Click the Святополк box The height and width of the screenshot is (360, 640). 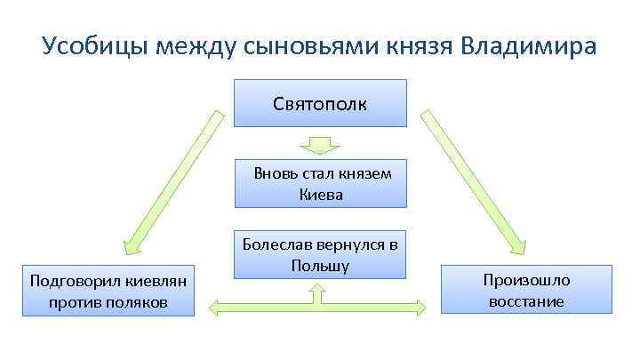(x=320, y=103)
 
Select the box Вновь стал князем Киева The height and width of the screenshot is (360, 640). (x=322, y=183)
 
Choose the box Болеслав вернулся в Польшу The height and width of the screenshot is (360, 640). (x=320, y=254)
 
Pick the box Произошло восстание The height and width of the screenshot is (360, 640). (x=526, y=290)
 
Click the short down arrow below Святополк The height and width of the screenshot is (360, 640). (x=320, y=143)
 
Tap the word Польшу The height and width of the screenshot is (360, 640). (x=320, y=265)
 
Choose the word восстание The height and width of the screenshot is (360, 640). (x=526, y=301)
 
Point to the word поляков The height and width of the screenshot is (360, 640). (x=139, y=304)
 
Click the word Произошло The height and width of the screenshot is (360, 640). (x=526, y=280)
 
